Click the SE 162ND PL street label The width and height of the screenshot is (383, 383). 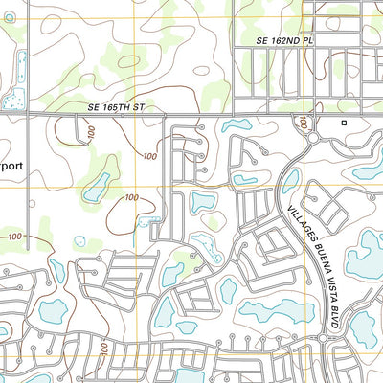[x=285, y=42]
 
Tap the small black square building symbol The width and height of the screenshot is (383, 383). [x=344, y=124]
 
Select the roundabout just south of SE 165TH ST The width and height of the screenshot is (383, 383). [x=313, y=140]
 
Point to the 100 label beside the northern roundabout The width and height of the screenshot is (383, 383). [x=302, y=124]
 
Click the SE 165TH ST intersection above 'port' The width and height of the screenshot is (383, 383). [x=26, y=114]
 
